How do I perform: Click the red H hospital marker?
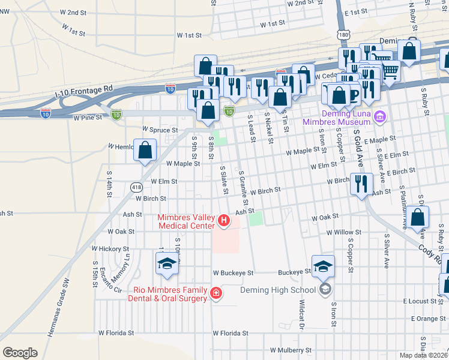pyautogui.click(x=224, y=221)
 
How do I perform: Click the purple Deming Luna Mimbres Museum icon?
pyautogui.click(x=379, y=116)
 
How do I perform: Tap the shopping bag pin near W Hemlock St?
pyautogui.click(x=145, y=151)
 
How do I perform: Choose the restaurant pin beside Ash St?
pyautogui.click(x=361, y=185)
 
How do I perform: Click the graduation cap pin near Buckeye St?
pyautogui.click(x=323, y=266)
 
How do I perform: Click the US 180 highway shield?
pyautogui.click(x=343, y=35)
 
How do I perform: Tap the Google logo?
pyautogui.click(x=20, y=352)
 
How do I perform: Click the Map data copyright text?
pyautogui.click(x=423, y=355)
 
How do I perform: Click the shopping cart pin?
pyautogui.click(x=390, y=70)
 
